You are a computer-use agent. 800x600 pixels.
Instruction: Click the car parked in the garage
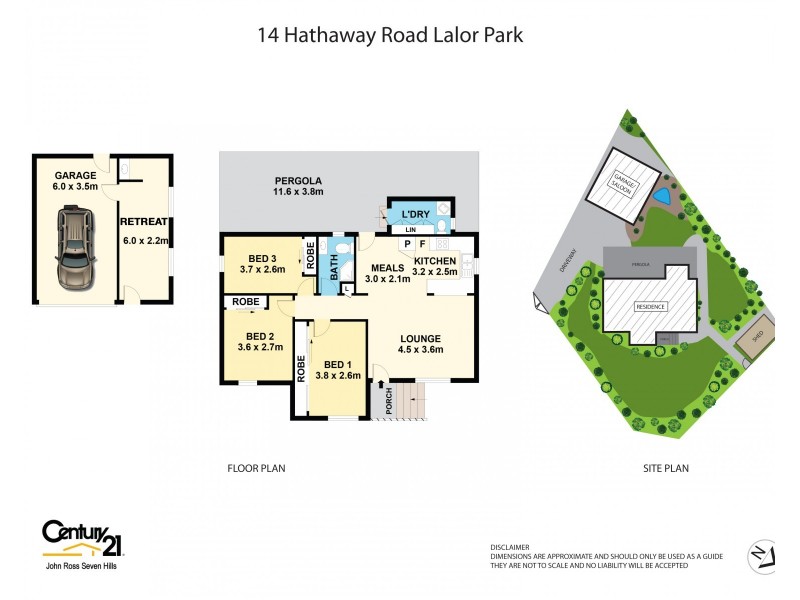tap(74, 245)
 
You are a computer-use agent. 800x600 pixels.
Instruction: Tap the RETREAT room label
tap(143, 222)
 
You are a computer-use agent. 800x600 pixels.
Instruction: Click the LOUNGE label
tap(421, 338)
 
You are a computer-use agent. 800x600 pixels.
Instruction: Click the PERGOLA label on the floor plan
tap(298, 181)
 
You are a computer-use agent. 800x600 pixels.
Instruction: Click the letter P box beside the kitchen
tap(407, 243)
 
